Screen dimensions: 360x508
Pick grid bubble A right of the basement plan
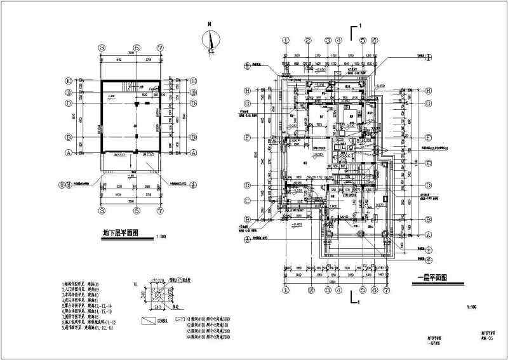pyautogui.click(x=193, y=152)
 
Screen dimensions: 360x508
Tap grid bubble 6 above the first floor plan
pyautogui.click(x=375, y=40)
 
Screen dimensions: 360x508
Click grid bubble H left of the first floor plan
pyautogui.click(x=247, y=90)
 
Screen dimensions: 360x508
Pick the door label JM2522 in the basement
pyautogui.click(x=148, y=154)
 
